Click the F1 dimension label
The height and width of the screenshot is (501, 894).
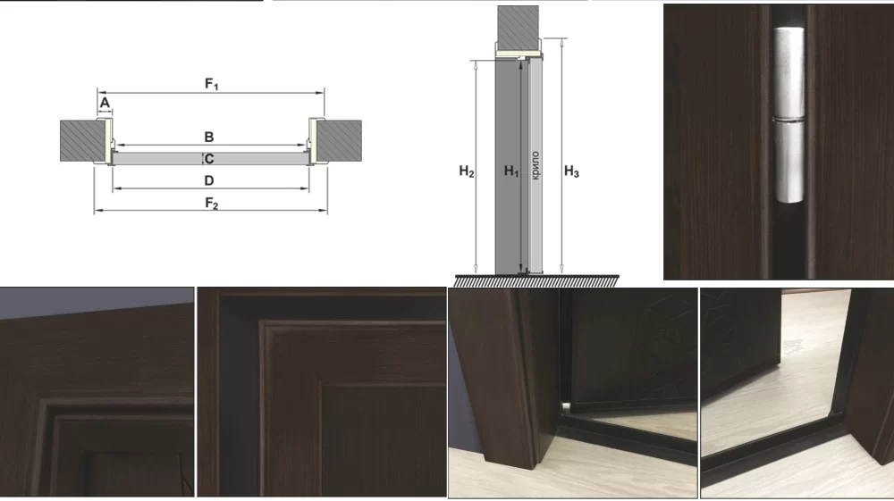pos(212,84)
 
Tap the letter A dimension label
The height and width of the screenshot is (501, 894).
pos(105,103)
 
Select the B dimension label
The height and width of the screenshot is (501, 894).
pos(209,138)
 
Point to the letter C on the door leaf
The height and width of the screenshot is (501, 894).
pos(209,159)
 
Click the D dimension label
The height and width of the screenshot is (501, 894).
pos(209,180)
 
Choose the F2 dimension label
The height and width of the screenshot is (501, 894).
pos(212,204)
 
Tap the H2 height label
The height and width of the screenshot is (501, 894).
pos(467,171)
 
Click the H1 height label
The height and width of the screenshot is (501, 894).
pos(511,171)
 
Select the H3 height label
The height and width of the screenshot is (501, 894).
pos(571,171)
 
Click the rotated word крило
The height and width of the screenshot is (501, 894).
pos(535,165)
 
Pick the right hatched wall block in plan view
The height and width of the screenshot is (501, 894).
pos(339,140)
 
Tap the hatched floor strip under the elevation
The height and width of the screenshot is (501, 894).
pos(536,280)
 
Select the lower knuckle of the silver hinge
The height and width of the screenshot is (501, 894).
pos(789,163)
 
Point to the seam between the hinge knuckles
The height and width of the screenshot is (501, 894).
pos(789,121)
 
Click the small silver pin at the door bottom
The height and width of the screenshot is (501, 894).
pos(566,406)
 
